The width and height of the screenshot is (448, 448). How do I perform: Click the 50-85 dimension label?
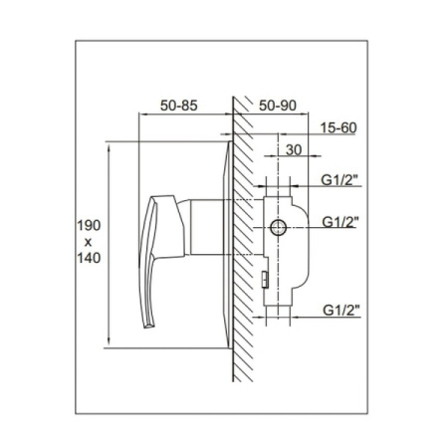pos(179,106)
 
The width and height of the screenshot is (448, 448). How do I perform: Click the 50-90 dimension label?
pos(278,106)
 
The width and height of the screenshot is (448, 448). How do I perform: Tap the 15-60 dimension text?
pos(338,127)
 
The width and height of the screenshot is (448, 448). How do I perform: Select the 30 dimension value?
pos(294,150)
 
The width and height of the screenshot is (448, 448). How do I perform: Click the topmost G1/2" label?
pos(340,180)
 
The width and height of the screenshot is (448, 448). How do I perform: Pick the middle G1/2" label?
pos(340,222)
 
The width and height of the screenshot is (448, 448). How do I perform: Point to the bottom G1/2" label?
pos(341,311)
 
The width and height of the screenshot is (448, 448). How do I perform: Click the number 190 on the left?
pos(89,226)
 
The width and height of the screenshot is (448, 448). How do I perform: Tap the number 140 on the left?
pos(89,258)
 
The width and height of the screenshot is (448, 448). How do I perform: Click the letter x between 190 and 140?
pos(88,242)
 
